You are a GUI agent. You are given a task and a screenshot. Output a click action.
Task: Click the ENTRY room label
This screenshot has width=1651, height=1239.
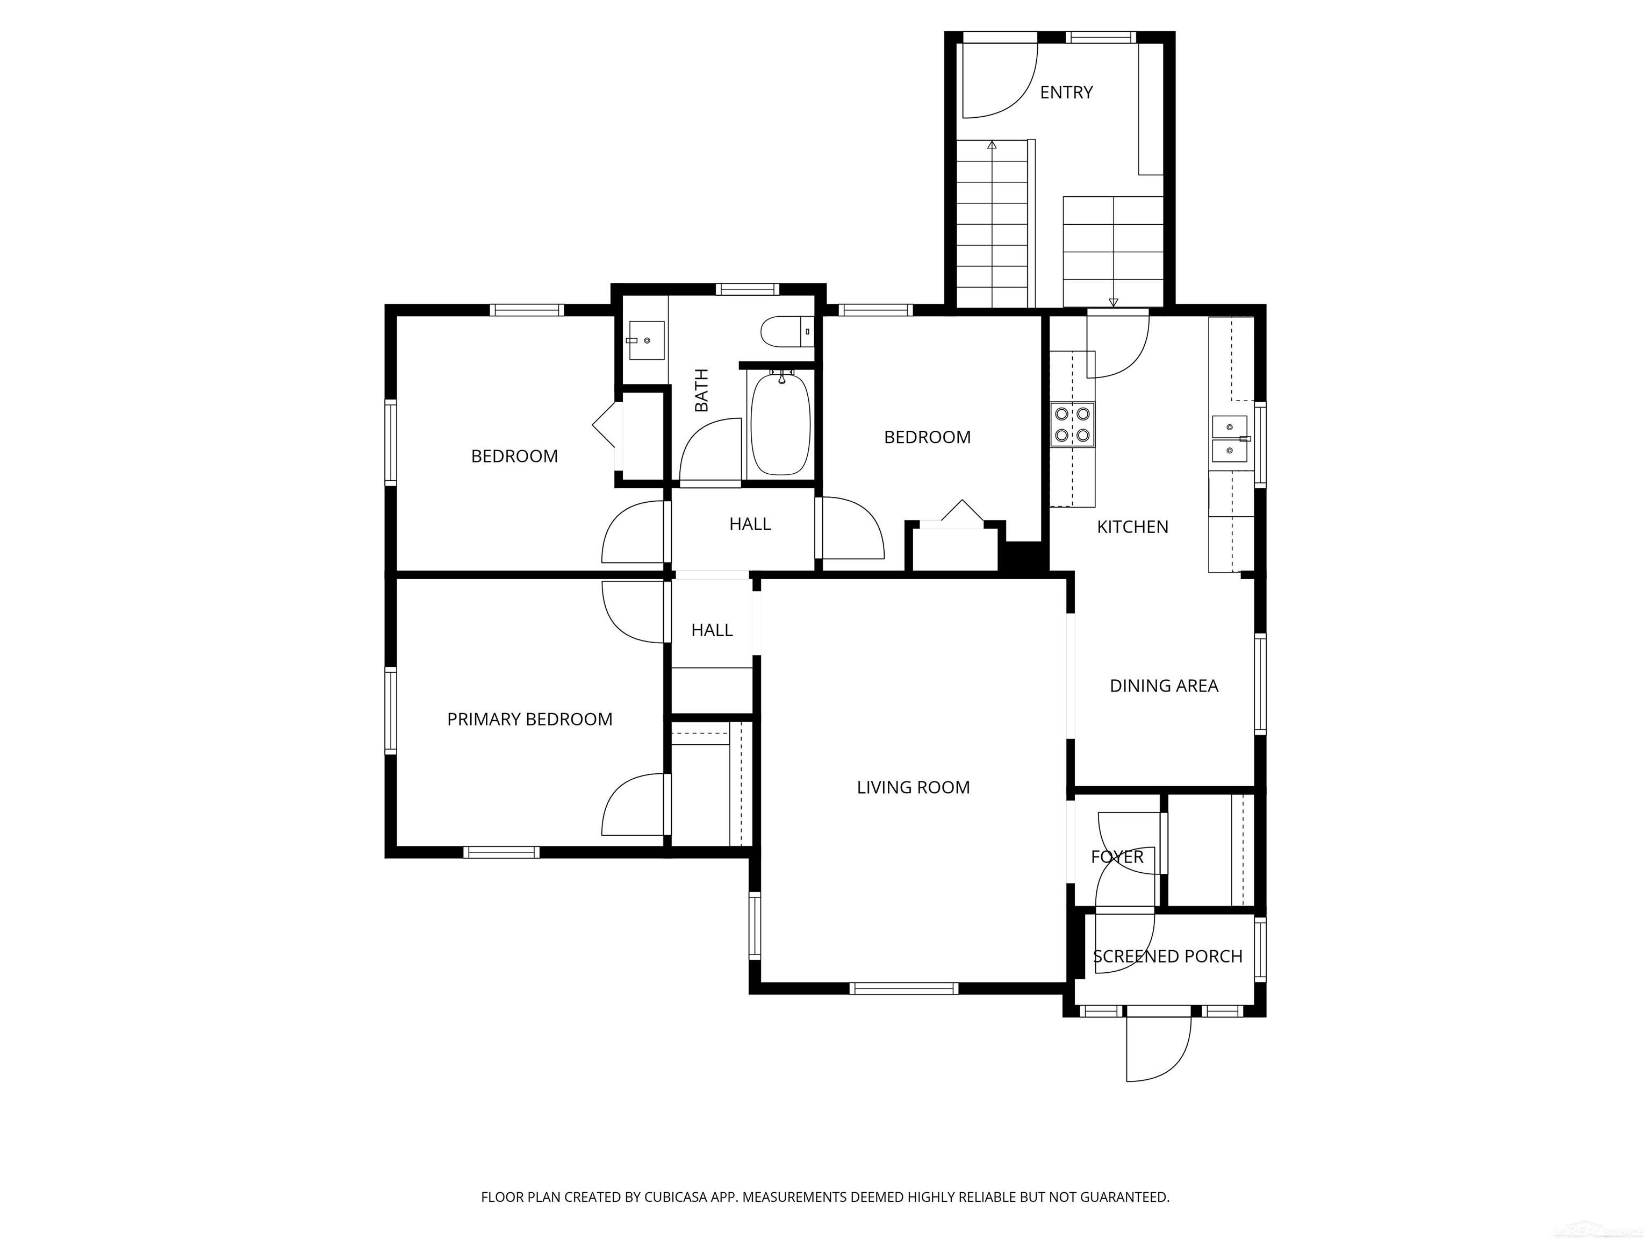(1066, 92)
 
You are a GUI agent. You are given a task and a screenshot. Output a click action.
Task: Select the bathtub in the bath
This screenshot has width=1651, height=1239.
(780, 425)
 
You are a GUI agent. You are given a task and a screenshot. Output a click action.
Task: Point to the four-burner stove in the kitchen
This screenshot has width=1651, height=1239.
(1073, 424)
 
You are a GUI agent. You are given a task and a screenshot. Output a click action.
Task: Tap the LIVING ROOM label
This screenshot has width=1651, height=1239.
(913, 787)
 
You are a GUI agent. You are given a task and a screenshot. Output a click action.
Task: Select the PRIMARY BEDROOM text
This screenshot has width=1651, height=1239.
(529, 719)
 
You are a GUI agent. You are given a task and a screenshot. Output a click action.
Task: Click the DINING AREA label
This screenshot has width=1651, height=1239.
(1164, 686)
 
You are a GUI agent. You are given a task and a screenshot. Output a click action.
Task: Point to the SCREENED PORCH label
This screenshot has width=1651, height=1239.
(1167, 957)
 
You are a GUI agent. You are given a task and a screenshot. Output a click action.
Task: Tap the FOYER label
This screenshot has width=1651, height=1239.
(1117, 857)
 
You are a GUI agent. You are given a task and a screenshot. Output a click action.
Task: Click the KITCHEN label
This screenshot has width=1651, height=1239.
(1132, 527)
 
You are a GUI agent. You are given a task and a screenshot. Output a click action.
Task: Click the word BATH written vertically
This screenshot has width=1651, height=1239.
(701, 390)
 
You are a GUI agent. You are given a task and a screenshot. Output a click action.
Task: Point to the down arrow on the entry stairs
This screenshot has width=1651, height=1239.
(1114, 302)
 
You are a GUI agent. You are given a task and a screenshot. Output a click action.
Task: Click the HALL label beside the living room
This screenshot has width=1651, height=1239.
(712, 630)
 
